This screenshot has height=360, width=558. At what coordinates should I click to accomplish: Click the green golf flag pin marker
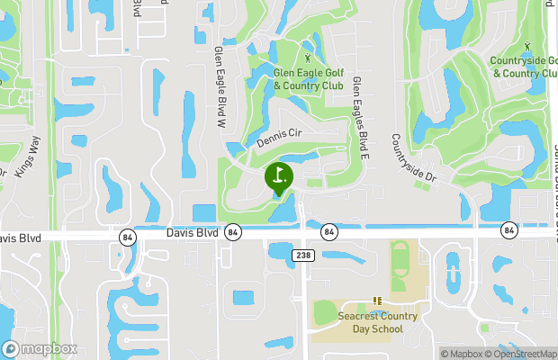(x=279, y=176)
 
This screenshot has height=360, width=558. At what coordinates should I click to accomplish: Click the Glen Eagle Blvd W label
(x=219, y=85)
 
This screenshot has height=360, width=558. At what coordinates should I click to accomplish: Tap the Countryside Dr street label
(x=413, y=159)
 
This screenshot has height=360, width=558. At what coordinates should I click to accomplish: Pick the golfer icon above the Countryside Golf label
(x=526, y=46)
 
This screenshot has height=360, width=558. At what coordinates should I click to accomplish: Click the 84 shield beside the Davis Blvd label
(x=233, y=232)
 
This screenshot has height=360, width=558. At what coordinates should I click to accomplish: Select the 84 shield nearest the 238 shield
(x=329, y=232)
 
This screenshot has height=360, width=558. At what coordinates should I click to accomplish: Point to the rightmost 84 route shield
(x=509, y=231)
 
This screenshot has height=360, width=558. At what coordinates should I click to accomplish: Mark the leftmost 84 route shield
(x=126, y=236)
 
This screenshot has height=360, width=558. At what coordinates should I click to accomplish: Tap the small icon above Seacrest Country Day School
(x=378, y=301)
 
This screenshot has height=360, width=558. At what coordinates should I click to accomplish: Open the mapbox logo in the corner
(x=40, y=348)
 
